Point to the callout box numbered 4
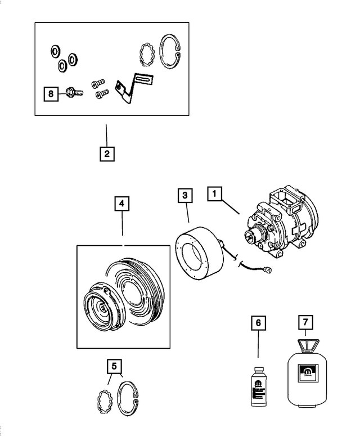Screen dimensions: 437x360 tap(122, 204)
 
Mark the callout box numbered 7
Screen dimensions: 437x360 tap(305, 323)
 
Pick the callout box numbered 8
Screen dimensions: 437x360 tap(51, 94)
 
